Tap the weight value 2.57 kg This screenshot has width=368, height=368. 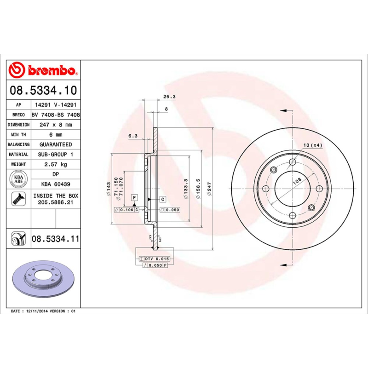pyautogui.click(x=55, y=164)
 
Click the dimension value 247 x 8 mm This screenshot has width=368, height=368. pyautogui.click(x=55, y=125)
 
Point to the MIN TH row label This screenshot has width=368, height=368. pyautogui.click(x=19, y=135)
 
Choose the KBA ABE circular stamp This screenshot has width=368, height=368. pyautogui.click(x=19, y=178)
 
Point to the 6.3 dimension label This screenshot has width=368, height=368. pyautogui.click(x=133, y=136)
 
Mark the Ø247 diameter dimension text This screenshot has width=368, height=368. pyautogui.click(x=209, y=189)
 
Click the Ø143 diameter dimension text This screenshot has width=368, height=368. pyautogui.click(x=109, y=189)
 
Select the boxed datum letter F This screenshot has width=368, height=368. pyautogui.click(x=135, y=198)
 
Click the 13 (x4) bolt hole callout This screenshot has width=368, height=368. pyautogui.click(x=313, y=145)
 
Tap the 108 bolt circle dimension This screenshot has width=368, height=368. pyautogui.click(x=296, y=181)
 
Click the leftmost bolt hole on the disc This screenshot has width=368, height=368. pyautogui.click(x=265, y=189)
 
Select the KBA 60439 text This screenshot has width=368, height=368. pyautogui.click(x=55, y=184)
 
